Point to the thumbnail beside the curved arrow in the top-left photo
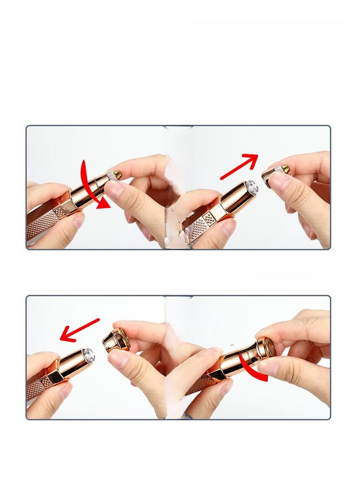[x=113, y=189]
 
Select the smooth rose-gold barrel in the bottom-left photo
[x=70, y=363]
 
